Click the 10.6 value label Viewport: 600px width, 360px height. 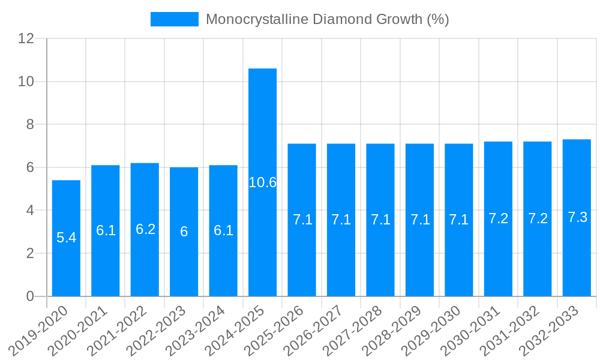tap(262, 182)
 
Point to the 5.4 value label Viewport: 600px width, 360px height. tap(66, 238)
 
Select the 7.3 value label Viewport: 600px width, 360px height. tap(577, 217)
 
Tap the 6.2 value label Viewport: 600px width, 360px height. tap(145, 229)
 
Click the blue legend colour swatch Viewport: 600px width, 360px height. tap(174, 19)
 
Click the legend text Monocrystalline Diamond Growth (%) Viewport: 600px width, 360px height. tap(327, 19)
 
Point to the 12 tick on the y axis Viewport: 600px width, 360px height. tap(26, 38)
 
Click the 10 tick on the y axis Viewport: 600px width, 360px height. tap(26, 82)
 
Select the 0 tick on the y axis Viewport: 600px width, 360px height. tap(31, 296)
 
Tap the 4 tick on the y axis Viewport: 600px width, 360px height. tap(31, 211)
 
